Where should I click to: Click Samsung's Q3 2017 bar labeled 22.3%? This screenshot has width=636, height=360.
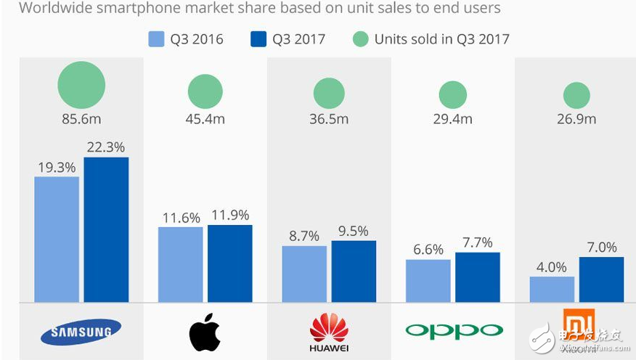pyautogui.click(x=106, y=229)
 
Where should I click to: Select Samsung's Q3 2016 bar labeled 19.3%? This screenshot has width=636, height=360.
pyautogui.click(x=57, y=240)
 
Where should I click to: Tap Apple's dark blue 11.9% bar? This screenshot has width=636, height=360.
pyautogui.click(x=230, y=263)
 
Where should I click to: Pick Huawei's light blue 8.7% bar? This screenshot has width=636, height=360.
pyautogui.click(x=304, y=274)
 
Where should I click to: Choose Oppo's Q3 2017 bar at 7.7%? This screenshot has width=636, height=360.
pyautogui.click(x=478, y=277)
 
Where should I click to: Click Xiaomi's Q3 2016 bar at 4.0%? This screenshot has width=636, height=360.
pyautogui.click(x=552, y=289)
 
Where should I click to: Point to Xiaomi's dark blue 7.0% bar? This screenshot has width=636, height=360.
pyautogui.click(x=601, y=279)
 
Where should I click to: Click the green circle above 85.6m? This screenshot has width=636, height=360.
pyautogui.click(x=81, y=85)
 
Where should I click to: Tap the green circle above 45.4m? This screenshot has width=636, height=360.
pyautogui.click(x=205, y=92)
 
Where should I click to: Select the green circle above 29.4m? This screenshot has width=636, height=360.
pyautogui.click(x=453, y=94)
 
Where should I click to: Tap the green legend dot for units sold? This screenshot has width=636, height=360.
pyautogui.click(x=362, y=39)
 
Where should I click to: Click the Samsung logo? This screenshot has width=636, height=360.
pyautogui.click(x=81, y=332)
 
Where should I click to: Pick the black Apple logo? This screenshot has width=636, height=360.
pyautogui.click(x=205, y=332)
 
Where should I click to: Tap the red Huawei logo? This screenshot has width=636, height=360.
pyautogui.click(x=329, y=329)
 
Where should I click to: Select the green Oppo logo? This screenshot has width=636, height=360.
pyautogui.click(x=454, y=332)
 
